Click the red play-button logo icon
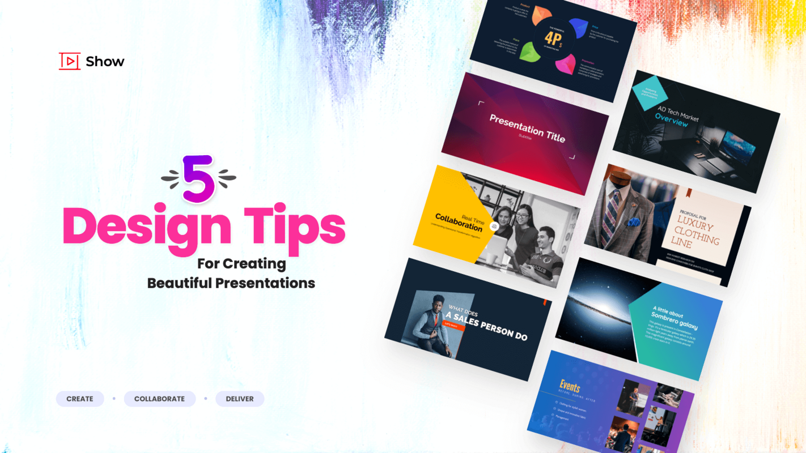(70, 61)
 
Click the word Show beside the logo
(105, 62)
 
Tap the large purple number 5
(198, 178)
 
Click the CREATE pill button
(80, 399)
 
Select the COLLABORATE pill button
(159, 399)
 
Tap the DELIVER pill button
(240, 399)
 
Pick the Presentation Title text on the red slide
(527, 128)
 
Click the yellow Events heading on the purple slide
(570, 387)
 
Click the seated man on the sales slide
(433, 326)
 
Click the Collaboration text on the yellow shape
(459, 223)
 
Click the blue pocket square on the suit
(633, 222)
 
